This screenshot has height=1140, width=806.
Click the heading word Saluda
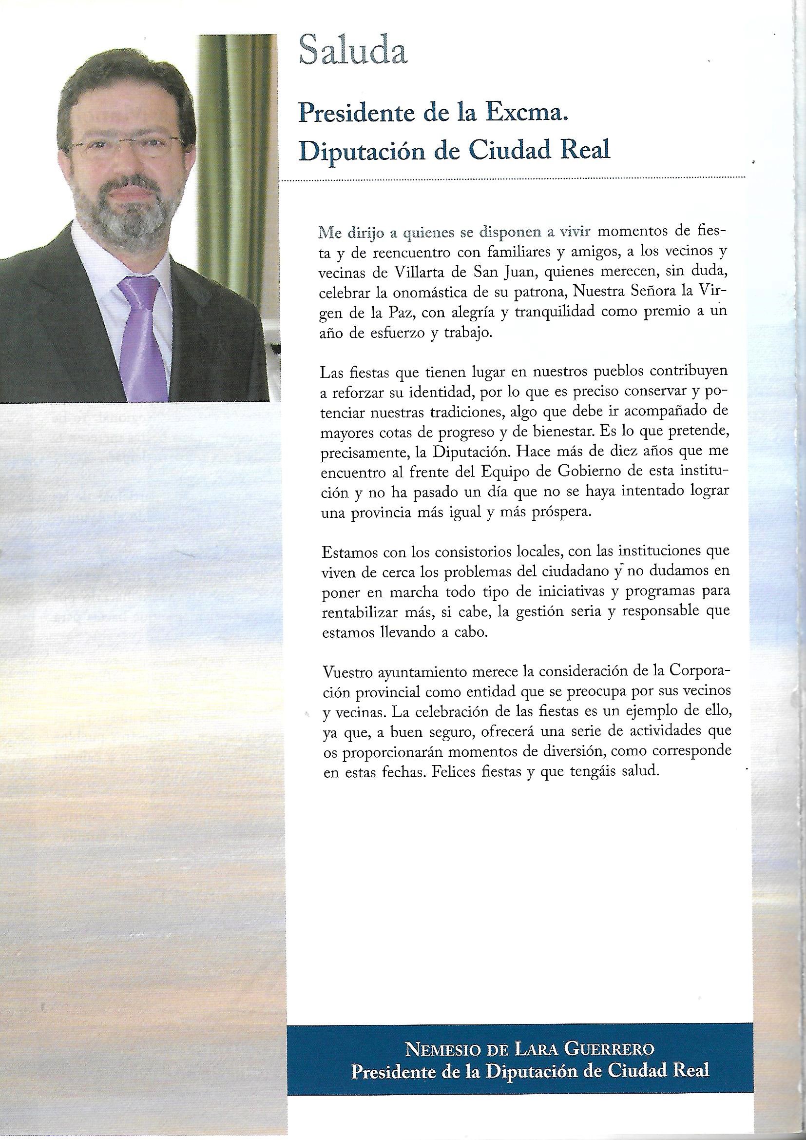pos(353,52)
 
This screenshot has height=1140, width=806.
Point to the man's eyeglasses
pos(128,146)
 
